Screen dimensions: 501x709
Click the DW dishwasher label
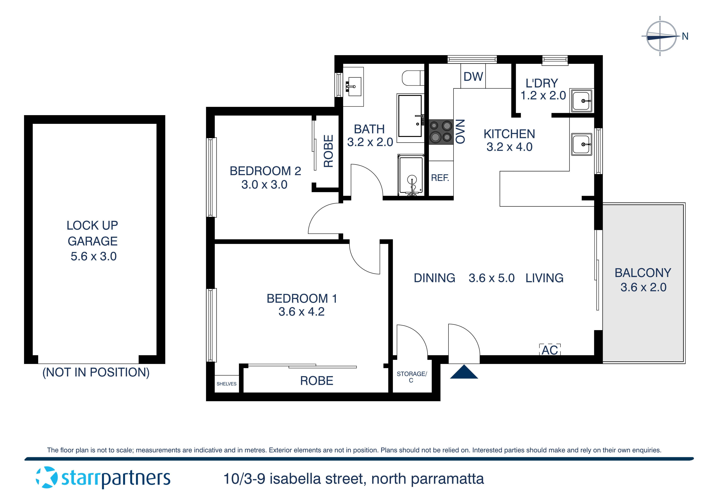[473, 77]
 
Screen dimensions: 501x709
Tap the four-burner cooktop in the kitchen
[441, 132]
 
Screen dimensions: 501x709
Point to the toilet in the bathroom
[412, 78]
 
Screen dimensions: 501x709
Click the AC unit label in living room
[550, 350]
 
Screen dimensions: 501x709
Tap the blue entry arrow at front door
[464, 372]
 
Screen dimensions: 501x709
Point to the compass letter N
[685, 36]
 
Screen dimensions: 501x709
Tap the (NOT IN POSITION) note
[96, 373]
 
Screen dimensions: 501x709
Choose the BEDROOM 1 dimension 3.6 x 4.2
[301, 312]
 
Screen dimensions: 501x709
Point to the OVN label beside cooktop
[460, 132]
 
